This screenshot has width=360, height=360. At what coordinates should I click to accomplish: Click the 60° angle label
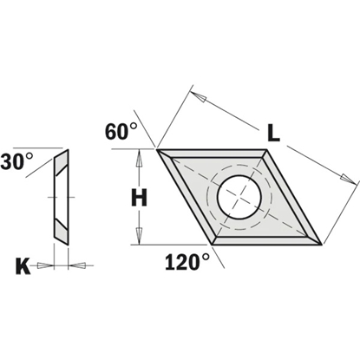(121, 132)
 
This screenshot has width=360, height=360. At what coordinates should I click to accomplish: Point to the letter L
(273, 134)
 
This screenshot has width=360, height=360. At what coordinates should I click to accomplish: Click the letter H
(139, 198)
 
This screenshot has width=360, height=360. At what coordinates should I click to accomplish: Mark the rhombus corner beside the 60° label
(158, 149)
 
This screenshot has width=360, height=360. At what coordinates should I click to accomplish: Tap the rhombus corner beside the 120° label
(213, 244)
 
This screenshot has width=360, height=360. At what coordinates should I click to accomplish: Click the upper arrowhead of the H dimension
(139, 156)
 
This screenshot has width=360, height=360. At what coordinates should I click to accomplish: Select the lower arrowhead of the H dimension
(139, 237)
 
